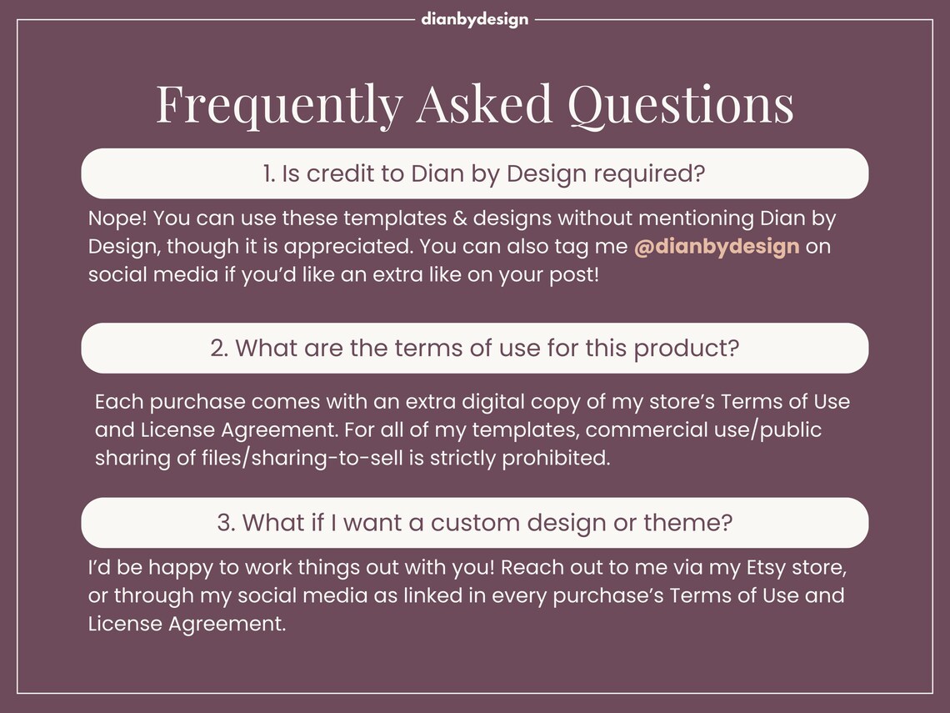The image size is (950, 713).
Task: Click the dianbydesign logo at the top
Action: tap(474, 19)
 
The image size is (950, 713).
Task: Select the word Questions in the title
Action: tap(680, 104)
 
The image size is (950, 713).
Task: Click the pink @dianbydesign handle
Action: tap(717, 247)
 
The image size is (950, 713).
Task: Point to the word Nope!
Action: tap(116, 219)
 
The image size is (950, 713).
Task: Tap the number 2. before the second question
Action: tap(219, 348)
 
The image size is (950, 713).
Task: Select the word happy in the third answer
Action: tap(184, 568)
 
